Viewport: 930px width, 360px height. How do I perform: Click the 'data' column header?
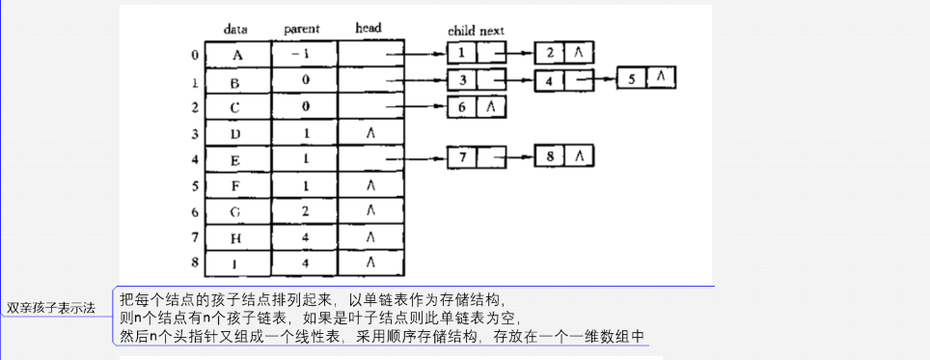coord(236,30)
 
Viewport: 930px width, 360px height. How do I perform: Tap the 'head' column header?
coord(369,30)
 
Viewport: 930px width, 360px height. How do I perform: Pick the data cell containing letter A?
coord(236,55)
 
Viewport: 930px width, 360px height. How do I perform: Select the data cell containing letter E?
coord(236,158)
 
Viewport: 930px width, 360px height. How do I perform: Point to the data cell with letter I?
coord(236,262)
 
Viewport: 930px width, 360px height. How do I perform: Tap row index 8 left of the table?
coord(196,262)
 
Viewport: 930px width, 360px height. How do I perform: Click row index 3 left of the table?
coord(196,133)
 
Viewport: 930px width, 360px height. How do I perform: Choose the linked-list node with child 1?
coord(477,53)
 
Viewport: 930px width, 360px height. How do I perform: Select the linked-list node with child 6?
coord(477,106)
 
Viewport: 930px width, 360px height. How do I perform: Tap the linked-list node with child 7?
coord(477,155)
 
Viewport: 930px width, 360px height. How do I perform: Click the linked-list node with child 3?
coord(477,79)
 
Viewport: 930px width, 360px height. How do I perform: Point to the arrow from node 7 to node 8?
coord(516,156)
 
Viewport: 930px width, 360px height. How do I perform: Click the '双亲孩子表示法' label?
coord(51,308)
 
